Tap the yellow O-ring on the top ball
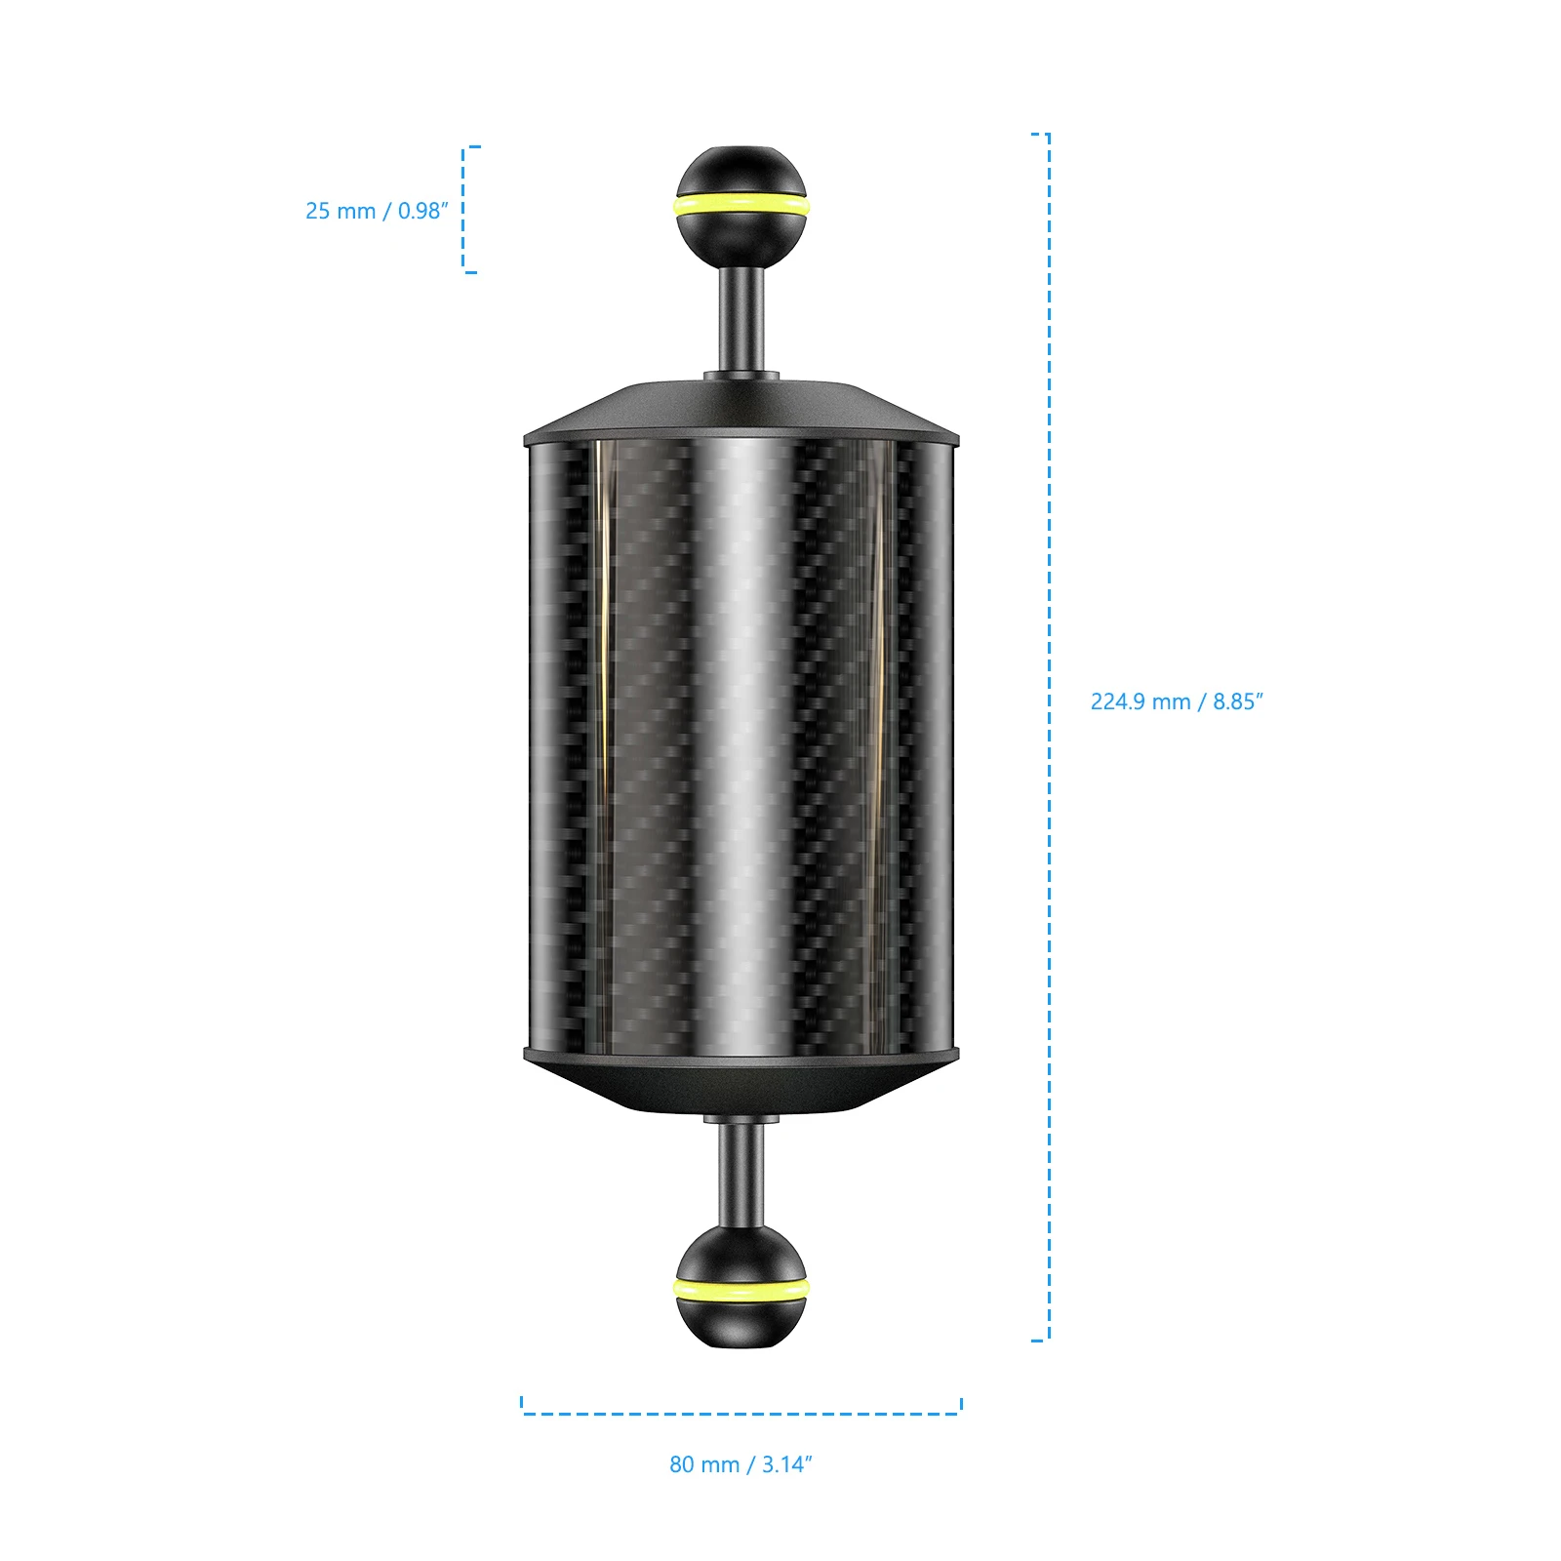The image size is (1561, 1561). click(741, 205)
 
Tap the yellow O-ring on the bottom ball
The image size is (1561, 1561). click(741, 1288)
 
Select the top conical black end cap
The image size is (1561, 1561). click(741, 410)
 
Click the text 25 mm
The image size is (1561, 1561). click(340, 211)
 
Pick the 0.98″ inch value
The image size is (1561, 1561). click(422, 211)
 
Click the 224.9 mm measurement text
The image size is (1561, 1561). click(1141, 701)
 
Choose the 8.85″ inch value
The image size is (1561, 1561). click(1237, 701)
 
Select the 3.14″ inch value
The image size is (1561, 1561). click(786, 1464)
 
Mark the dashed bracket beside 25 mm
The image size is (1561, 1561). click(464, 210)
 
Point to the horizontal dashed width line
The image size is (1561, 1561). click(741, 1413)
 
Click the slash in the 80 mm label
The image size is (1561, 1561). click(750, 1464)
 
